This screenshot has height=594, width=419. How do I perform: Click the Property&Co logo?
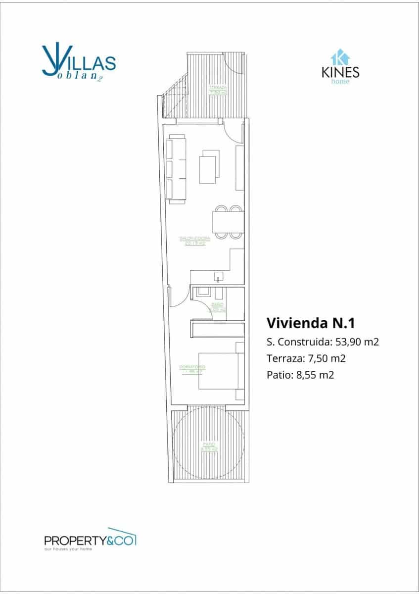pyautogui.click(x=90, y=539)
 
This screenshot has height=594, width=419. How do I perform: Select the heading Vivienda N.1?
pyautogui.click(x=311, y=323)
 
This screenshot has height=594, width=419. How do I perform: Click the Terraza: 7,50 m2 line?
pyautogui.click(x=306, y=358)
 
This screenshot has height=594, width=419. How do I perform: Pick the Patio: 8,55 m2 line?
pyautogui.click(x=300, y=375)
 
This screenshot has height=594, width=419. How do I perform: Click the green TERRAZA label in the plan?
pyautogui.click(x=218, y=90)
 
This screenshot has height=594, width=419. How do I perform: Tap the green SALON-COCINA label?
pyautogui.click(x=194, y=241)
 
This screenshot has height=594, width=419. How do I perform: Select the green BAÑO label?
pyautogui.click(x=218, y=307)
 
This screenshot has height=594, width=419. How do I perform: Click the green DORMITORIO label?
pyautogui.click(x=192, y=369)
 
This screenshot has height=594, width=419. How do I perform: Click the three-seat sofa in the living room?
pyautogui.click(x=177, y=169)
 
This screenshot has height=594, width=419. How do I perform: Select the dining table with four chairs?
pyautogui.click(x=228, y=222)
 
